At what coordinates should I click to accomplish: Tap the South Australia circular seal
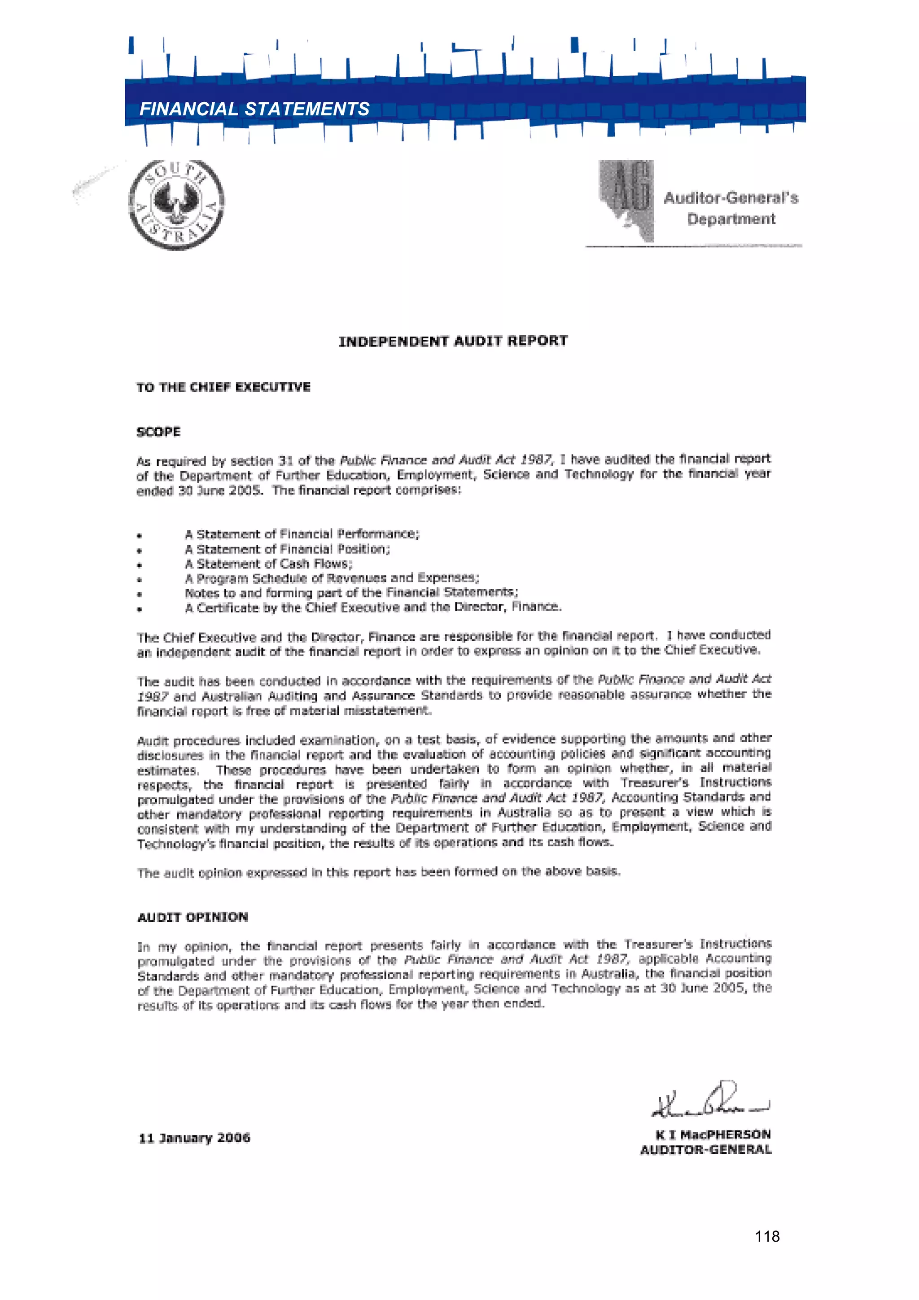(177, 204)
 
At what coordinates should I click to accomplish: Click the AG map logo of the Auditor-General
(627, 201)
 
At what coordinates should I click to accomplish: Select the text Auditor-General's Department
(731, 208)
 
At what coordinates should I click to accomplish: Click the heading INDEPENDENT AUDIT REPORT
(453, 341)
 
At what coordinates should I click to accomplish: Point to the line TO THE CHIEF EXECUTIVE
(223, 387)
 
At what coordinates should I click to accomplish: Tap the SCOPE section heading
(158, 432)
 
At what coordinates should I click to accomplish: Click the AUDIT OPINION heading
(193, 917)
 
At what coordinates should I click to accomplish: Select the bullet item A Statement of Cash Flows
(268, 564)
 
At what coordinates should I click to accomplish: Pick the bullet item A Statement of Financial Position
(287, 549)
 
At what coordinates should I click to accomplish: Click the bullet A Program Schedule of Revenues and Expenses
(332, 578)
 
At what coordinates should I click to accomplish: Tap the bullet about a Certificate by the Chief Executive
(373, 608)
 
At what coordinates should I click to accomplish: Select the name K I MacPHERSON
(713, 1135)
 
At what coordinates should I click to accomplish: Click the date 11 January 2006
(194, 1138)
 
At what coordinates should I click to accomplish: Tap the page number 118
(767, 1237)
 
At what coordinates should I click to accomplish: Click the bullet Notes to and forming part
(351, 593)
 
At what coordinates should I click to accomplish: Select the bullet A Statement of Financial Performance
(302, 534)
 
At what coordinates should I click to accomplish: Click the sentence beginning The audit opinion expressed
(378, 872)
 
